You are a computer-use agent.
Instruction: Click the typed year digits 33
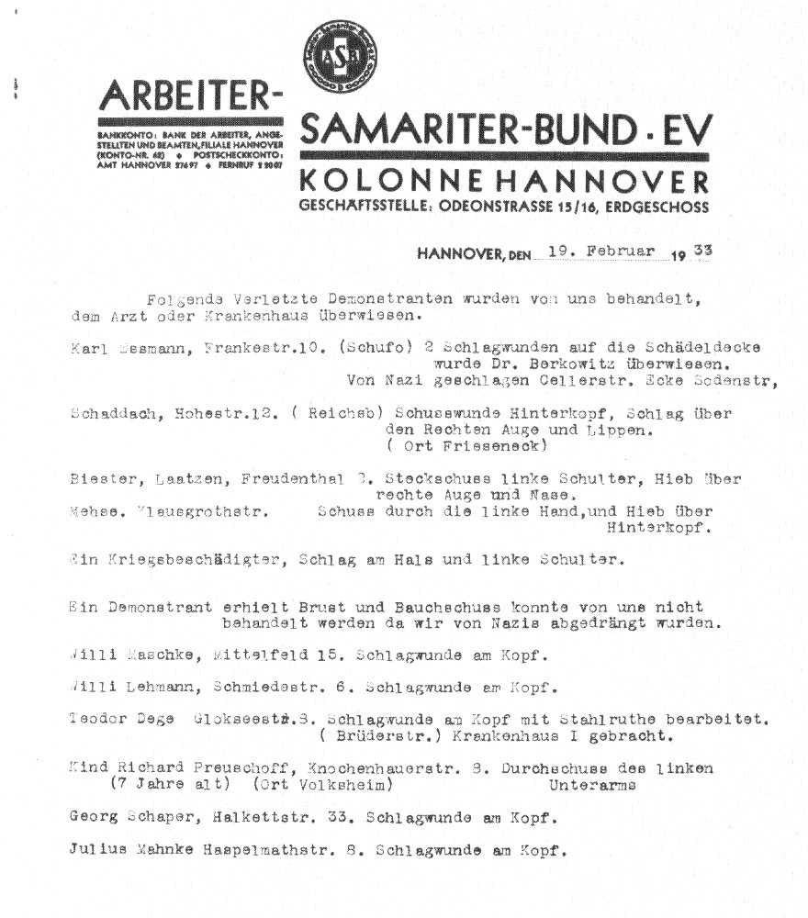[701, 252]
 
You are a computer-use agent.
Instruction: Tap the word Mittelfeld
[261, 656]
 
